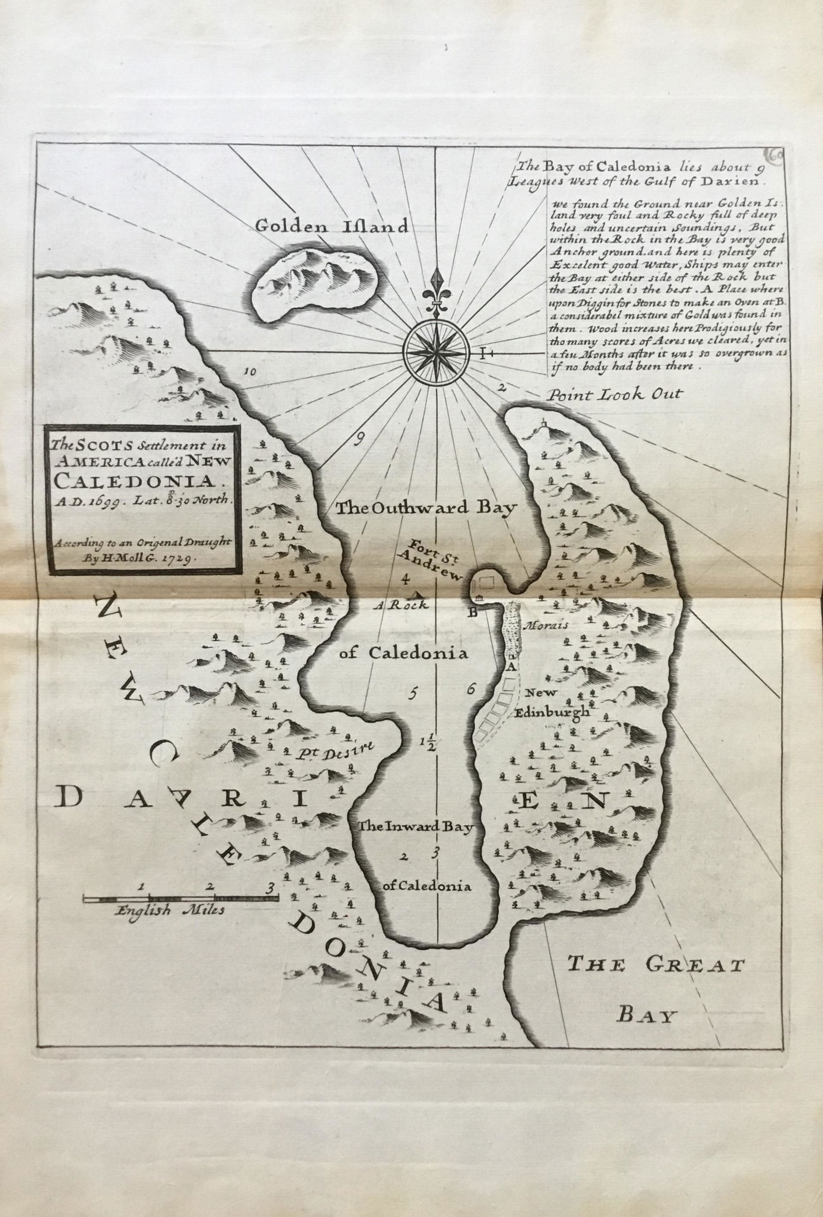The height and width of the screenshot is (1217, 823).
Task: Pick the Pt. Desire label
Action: pos(337,753)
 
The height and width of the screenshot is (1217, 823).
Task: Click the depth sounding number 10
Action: pos(249,372)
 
